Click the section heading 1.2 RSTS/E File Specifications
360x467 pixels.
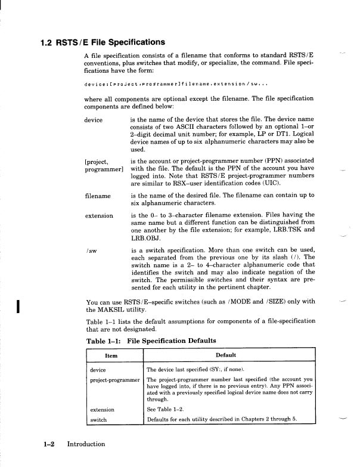tap(102, 42)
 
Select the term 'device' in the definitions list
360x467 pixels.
tap(94, 120)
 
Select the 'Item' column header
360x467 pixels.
tap(111, 356)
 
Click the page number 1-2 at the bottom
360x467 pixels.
tap(49, 444)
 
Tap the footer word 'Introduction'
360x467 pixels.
tap(86, 444)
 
